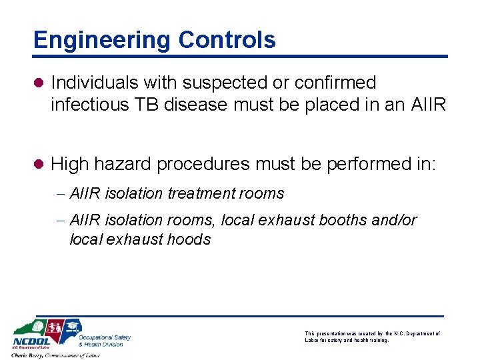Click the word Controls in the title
(x=227, y=40)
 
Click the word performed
(x=359, y=163)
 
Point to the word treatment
(x=199, y=193)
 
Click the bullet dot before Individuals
(x=39, y=83)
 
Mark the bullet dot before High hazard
(x=39, y=164)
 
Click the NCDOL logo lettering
(x=32, y=341)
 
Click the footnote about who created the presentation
(x=372, y=337)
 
